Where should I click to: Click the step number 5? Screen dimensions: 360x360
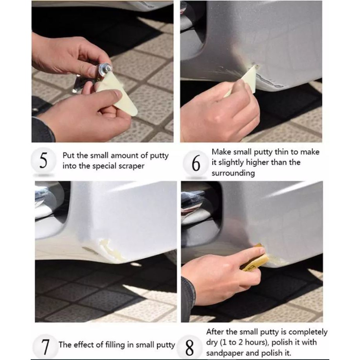point(43,160)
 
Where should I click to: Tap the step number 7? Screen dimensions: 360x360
point(46,347)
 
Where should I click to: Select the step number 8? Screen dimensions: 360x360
point(190,348)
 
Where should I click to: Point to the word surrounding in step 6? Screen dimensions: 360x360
point(233,173)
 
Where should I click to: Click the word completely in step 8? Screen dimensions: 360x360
point(308,332)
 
